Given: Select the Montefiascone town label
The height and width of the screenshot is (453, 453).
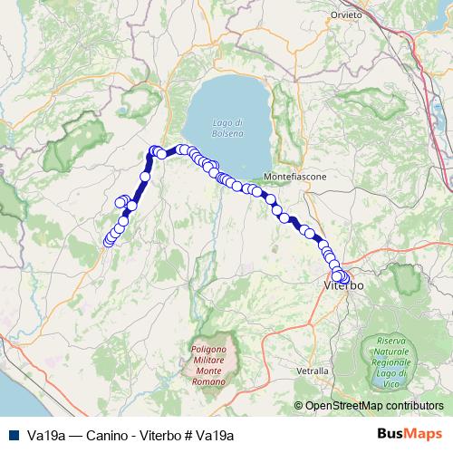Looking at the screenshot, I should point(295,176).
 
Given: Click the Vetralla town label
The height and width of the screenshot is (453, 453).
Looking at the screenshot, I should point(313,371).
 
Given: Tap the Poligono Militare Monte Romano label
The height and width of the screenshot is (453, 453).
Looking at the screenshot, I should point(214,365).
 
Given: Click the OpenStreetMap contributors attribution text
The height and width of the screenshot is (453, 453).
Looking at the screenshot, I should point(373,407).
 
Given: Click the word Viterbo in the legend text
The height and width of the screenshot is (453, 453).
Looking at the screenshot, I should point(151,436).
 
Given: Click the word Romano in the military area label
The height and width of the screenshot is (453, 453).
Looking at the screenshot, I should point(214,383).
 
